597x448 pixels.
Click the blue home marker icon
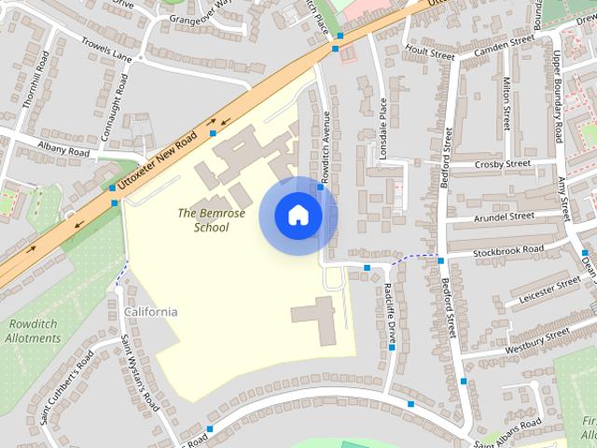tap(298, 216)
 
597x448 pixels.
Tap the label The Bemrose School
tap(212, 220)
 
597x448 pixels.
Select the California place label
tap(150, 312)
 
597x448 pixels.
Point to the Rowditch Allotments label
tap(35, 330)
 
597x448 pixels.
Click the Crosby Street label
tap(502, 164)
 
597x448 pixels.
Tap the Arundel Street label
tap(504, 217)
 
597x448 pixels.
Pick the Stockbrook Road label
tap(508, 250)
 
